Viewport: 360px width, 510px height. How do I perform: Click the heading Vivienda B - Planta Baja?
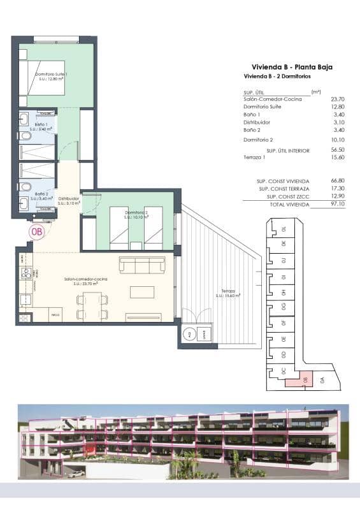click(292, 67)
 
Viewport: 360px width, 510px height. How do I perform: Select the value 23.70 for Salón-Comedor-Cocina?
click(338, 99)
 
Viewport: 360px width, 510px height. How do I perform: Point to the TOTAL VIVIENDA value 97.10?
click(338, 205)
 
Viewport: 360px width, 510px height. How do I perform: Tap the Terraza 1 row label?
click(256, 157)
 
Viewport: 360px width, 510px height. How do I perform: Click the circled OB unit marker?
click(37, 232)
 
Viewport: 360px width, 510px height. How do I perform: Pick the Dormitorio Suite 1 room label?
click(52, 76)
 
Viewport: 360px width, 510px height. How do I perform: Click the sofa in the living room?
click(142, 265)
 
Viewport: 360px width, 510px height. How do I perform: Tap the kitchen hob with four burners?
click(26, 273)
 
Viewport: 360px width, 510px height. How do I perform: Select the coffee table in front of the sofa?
click(141, 291)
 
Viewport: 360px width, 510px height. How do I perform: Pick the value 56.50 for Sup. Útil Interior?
click(338, 150)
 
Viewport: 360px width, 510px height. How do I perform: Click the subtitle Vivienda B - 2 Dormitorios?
click(277, 76)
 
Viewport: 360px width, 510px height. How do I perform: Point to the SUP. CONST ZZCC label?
click(284, 197)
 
